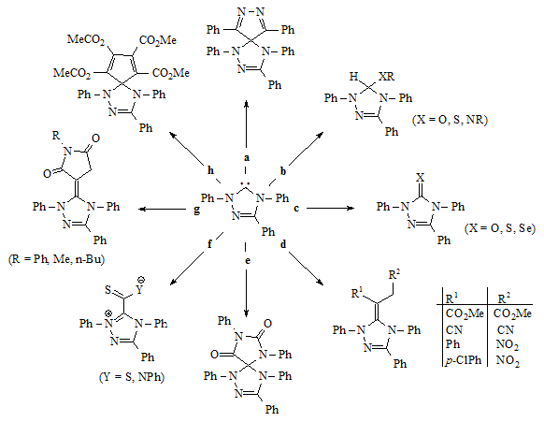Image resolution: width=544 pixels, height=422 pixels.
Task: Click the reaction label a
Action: click(247, 158)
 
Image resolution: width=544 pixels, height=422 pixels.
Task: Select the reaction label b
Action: click(283, 171)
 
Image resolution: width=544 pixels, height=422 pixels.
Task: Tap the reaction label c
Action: click(296, 208)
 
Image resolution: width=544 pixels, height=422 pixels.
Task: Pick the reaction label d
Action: click(283, 244)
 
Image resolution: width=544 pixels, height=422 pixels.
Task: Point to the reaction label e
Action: click(248, 260)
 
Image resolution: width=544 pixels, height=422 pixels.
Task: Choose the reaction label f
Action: click(209, 244)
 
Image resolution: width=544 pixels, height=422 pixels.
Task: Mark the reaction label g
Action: click(196, 210)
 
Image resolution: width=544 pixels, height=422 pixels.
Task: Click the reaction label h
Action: click(210, 170)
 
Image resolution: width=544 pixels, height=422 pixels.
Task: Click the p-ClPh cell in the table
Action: click(464, 360)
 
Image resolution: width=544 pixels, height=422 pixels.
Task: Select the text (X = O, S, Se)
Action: click(500, 228)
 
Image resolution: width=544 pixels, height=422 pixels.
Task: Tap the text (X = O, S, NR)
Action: click(450, 120)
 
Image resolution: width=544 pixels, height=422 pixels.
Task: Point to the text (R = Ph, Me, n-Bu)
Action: click(56, 259)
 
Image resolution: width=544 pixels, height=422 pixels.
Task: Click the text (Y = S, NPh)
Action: click(132, 377)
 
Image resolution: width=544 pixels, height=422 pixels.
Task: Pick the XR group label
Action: click(386, 77)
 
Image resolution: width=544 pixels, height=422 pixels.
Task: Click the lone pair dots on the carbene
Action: click(246, 182)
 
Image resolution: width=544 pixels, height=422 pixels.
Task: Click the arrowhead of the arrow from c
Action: click(351, 208)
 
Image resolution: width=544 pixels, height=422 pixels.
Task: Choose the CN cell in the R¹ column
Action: click(454, 329)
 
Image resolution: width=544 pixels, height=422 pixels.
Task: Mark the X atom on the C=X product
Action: click(420, 178)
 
